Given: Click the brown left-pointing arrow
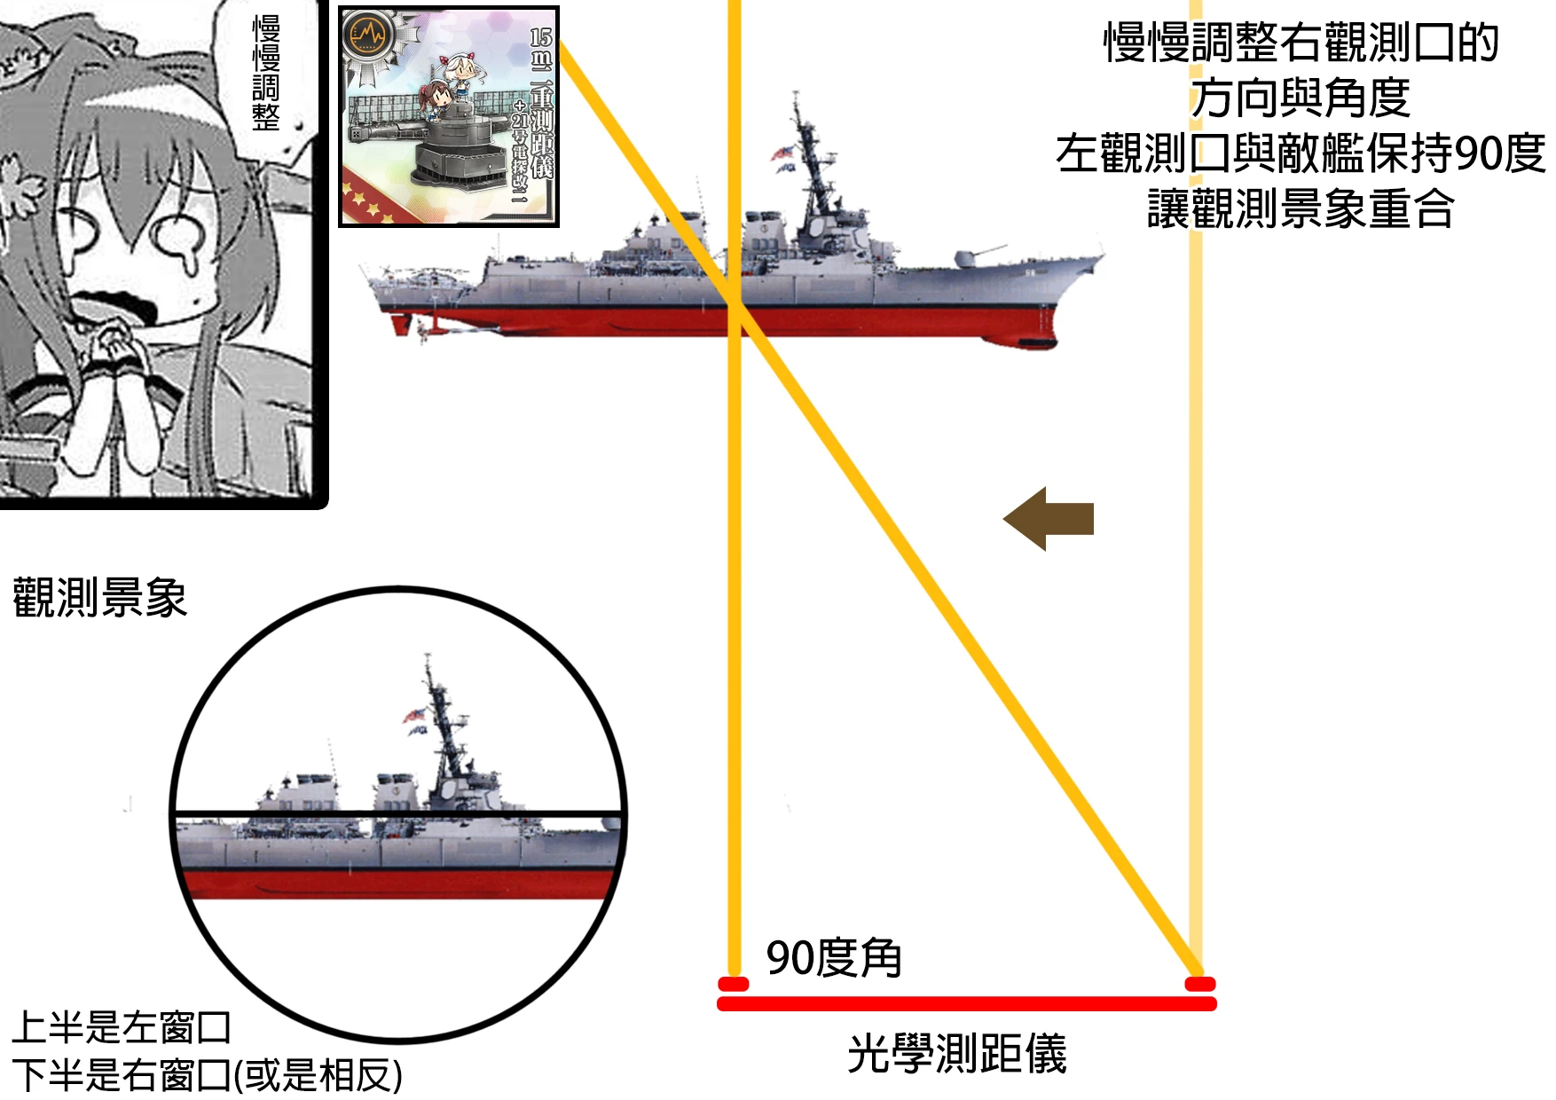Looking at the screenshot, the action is click(x=1049, y=519).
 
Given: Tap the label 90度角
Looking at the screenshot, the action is click(x=833, y=958).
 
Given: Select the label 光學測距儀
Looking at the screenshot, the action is click(x=956, y=1054).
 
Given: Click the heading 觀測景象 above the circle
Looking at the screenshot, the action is click(x=99, y=597).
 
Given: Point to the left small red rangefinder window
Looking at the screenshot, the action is click(x=734, y=984).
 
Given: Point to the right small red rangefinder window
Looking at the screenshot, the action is click(x=1199, y=984).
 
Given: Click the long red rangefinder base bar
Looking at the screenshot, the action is click(x=966, y=1004).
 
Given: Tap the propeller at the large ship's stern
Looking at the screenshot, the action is click(x=422, y=331).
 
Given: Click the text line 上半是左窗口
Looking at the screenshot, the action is click(x=122, y=1027).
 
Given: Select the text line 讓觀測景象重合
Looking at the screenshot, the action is click(x=1301, y=209).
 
